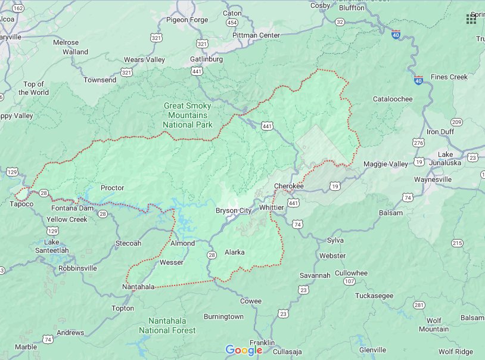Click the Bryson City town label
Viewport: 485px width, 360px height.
[234, 210]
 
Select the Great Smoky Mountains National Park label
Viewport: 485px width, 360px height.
[187, 115]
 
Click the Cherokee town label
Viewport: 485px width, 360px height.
[289, 186]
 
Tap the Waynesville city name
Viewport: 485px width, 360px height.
[435, 179]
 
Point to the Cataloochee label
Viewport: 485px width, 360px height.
[393, 99]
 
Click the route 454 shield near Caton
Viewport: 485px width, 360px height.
[232, 22]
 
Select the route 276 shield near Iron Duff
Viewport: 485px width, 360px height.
[418, 143]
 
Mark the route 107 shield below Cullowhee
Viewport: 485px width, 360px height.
[349, 281]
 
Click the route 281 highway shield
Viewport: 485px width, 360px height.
[419, 305]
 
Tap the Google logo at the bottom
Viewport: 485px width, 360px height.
[244, 350]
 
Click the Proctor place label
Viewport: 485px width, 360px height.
[112, 188]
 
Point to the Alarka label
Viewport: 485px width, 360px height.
[234, 252]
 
